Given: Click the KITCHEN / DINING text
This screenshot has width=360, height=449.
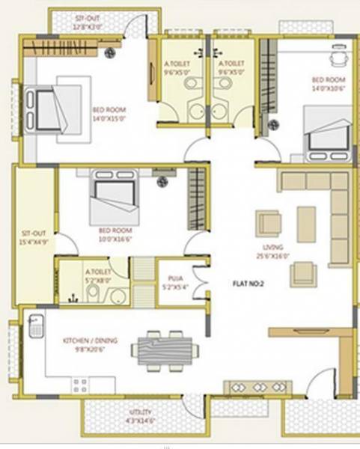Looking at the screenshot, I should (88, 340).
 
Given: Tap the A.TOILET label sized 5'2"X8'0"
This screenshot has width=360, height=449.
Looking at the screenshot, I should (97, 272).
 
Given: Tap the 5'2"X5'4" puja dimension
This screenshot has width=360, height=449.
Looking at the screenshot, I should (174, 287).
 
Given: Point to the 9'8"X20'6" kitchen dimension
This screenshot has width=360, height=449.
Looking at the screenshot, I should (88, 349).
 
